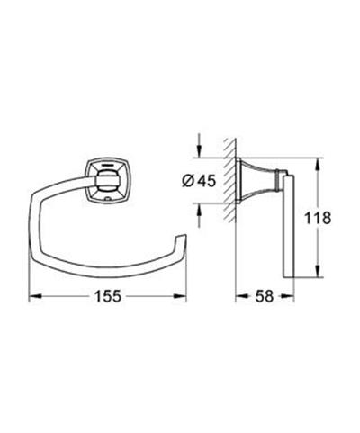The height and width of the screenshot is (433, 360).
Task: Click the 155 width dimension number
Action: click(x=108, y=296)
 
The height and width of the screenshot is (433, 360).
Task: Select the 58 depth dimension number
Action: click(x=265, y=296)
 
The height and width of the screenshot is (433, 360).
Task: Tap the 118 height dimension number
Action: click(x=318, y=218)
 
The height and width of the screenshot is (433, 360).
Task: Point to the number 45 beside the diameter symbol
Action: click(x=206, y=181)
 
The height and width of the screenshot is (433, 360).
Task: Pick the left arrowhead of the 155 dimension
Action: click(x=34, y=296)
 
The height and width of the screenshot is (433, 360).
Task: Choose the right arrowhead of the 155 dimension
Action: click(x=180, y=296)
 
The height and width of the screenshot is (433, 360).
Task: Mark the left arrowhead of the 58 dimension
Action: click(x=241, y=296)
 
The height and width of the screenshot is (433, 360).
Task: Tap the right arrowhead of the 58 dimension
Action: click(x=289, y=296)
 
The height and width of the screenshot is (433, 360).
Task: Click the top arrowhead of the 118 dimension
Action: click(x=318, y=164)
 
